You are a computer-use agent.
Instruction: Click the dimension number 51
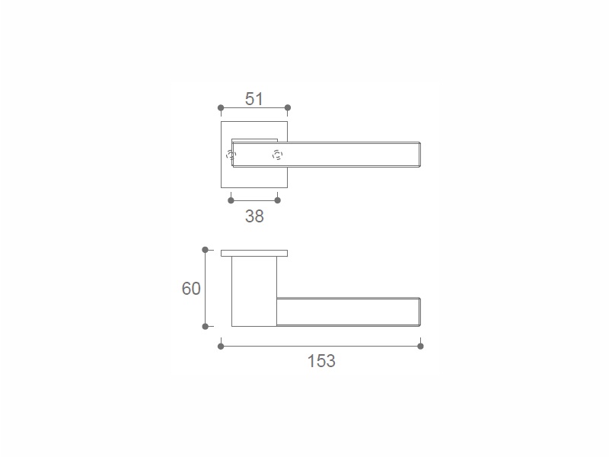pos(254,99)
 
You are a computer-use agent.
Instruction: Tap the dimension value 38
pos(254,216)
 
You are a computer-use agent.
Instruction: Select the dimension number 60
pos(191,289)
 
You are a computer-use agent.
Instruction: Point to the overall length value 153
pos(321,360)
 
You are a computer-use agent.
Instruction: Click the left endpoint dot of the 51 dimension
pos(221,107)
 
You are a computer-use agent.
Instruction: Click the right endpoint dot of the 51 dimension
pos(288,107)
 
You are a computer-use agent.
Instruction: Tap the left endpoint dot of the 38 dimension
pos(231,200)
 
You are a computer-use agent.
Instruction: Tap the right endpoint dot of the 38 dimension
pos(277,200)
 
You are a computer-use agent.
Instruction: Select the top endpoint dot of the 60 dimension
pos(206,250)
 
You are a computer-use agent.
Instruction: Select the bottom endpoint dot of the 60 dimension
pos(206,327)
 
